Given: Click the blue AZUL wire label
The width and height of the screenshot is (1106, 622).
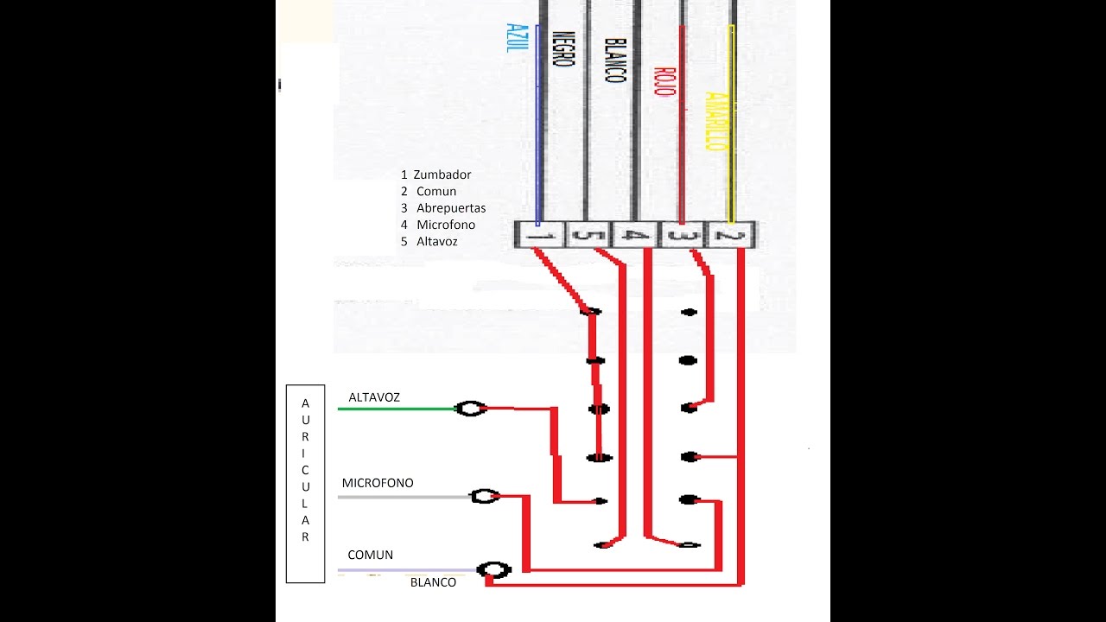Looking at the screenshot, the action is coord(518,38).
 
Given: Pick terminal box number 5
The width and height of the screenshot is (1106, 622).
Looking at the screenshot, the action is coord(587,235).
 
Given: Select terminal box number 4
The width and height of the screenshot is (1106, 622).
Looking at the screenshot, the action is coord(635,235).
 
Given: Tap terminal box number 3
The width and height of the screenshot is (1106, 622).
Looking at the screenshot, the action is coord(683,235).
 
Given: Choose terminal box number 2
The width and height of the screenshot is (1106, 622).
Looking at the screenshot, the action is coord(731,235).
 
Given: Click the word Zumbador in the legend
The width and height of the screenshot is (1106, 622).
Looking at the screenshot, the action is coord(442,175).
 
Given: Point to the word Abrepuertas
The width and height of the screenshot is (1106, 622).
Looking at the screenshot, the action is coord(451,208).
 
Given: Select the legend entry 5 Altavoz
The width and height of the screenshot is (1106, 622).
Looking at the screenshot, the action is coord(429,242).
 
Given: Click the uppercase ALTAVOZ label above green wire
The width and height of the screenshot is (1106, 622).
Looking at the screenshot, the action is coord(374,397).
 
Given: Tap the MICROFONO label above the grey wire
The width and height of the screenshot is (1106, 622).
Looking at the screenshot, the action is coord(378,483).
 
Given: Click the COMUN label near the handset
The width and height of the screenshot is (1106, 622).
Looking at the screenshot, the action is coord(371,555).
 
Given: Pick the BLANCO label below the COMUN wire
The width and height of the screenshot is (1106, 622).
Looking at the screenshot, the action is coord(433,582).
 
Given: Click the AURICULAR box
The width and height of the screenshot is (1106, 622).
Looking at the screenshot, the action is coord(306,484).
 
